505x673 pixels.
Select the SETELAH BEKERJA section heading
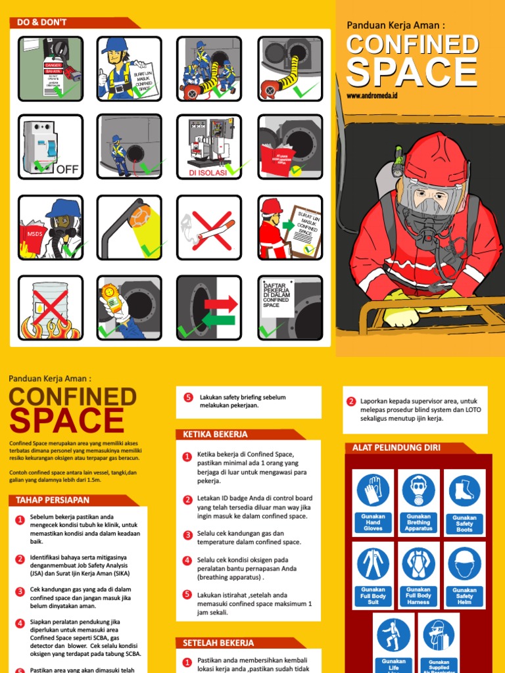(218, 643)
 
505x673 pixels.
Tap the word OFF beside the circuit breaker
(67, 170)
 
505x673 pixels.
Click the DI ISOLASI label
(207, 173)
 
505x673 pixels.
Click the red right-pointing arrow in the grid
(221, 304)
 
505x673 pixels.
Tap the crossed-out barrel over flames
(50, 308)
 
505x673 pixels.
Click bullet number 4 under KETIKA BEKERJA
(187, 561)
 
